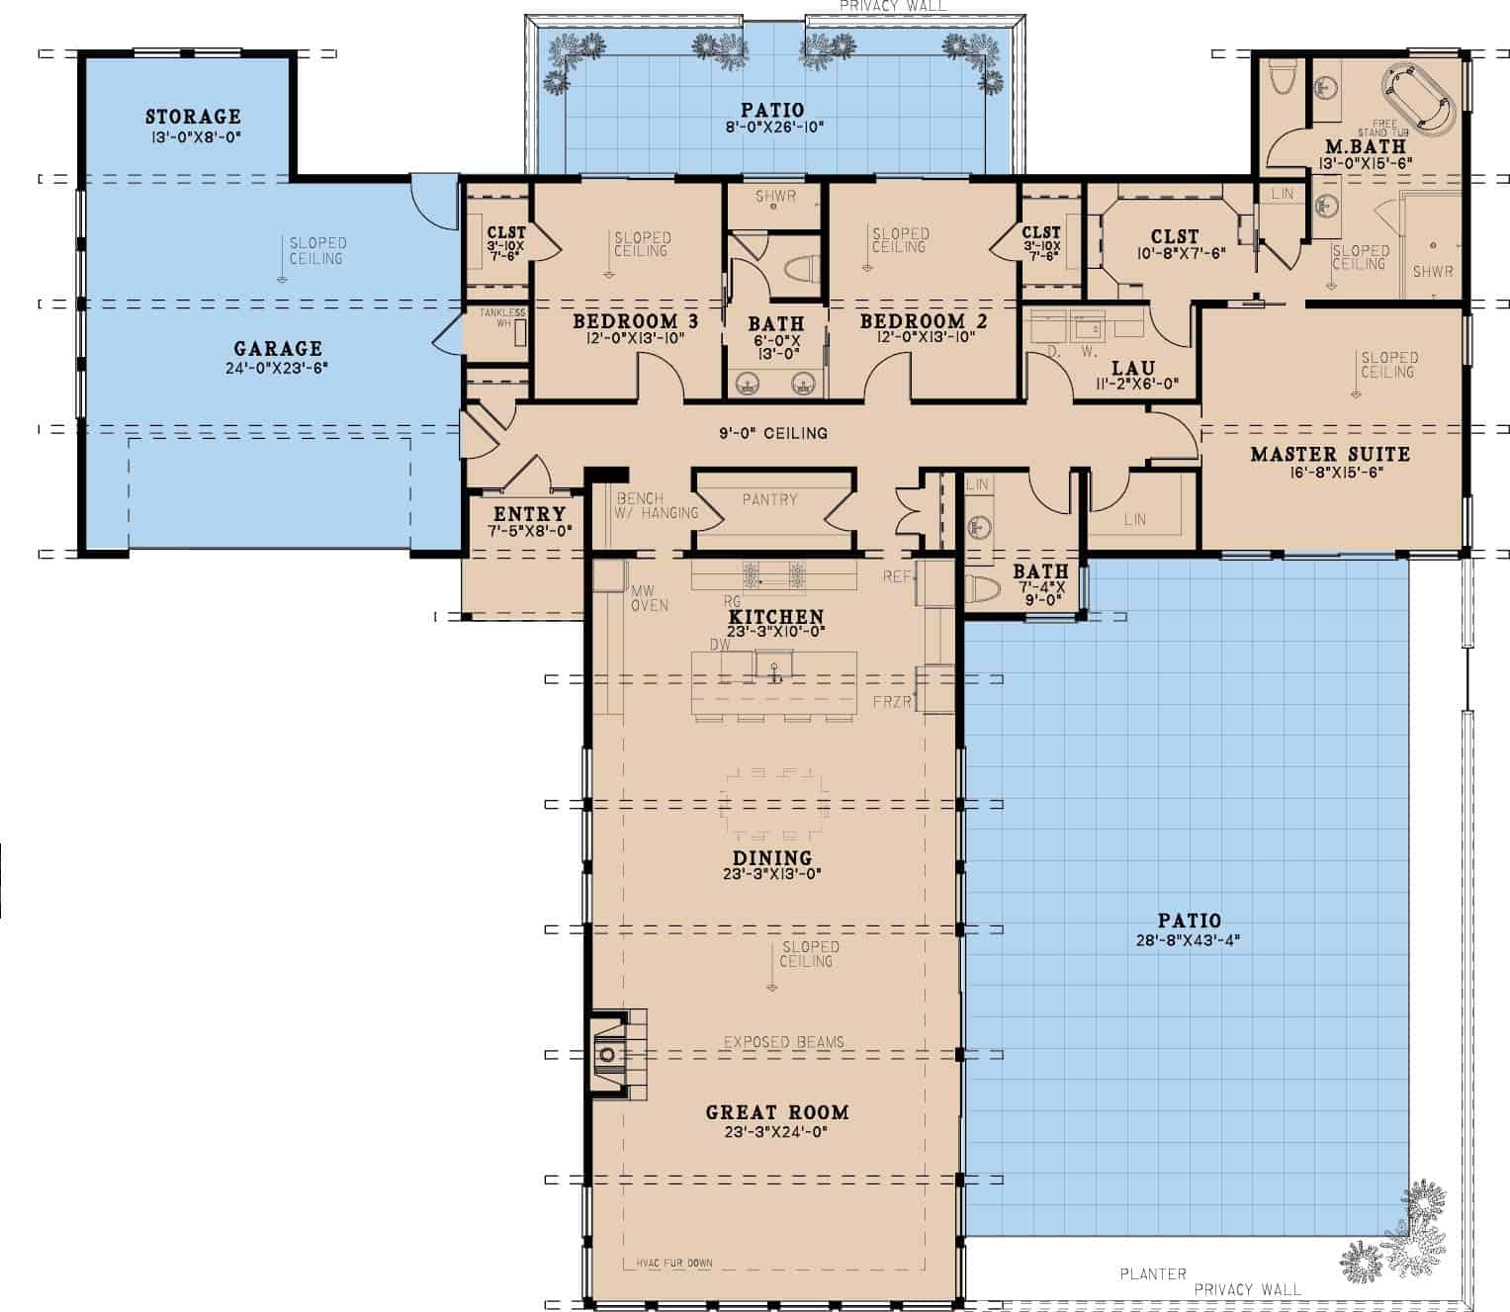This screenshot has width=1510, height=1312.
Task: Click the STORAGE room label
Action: (193, 117)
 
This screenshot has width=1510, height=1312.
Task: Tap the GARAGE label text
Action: (278, 348)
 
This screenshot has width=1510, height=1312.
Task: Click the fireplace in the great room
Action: (608, 1055)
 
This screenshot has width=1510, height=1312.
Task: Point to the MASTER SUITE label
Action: (1330, 454)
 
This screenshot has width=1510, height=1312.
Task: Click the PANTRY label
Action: (769, 499)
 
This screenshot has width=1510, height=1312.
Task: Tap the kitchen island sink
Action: (774, 665)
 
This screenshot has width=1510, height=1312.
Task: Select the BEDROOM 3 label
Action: (636, 321)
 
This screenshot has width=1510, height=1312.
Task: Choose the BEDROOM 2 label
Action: (924, 321)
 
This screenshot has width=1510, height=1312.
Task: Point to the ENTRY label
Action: (529, 514)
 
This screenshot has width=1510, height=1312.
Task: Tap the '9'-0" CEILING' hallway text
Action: (773, 433)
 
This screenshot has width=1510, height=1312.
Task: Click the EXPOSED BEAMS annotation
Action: (783, 1042)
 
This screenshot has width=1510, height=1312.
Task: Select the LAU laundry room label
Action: (1133, 368)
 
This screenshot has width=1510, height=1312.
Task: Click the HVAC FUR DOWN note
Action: (669, 1263)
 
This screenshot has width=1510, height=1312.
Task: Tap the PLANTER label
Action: (1153, 1273)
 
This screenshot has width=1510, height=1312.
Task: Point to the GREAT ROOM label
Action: (777, 1112)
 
